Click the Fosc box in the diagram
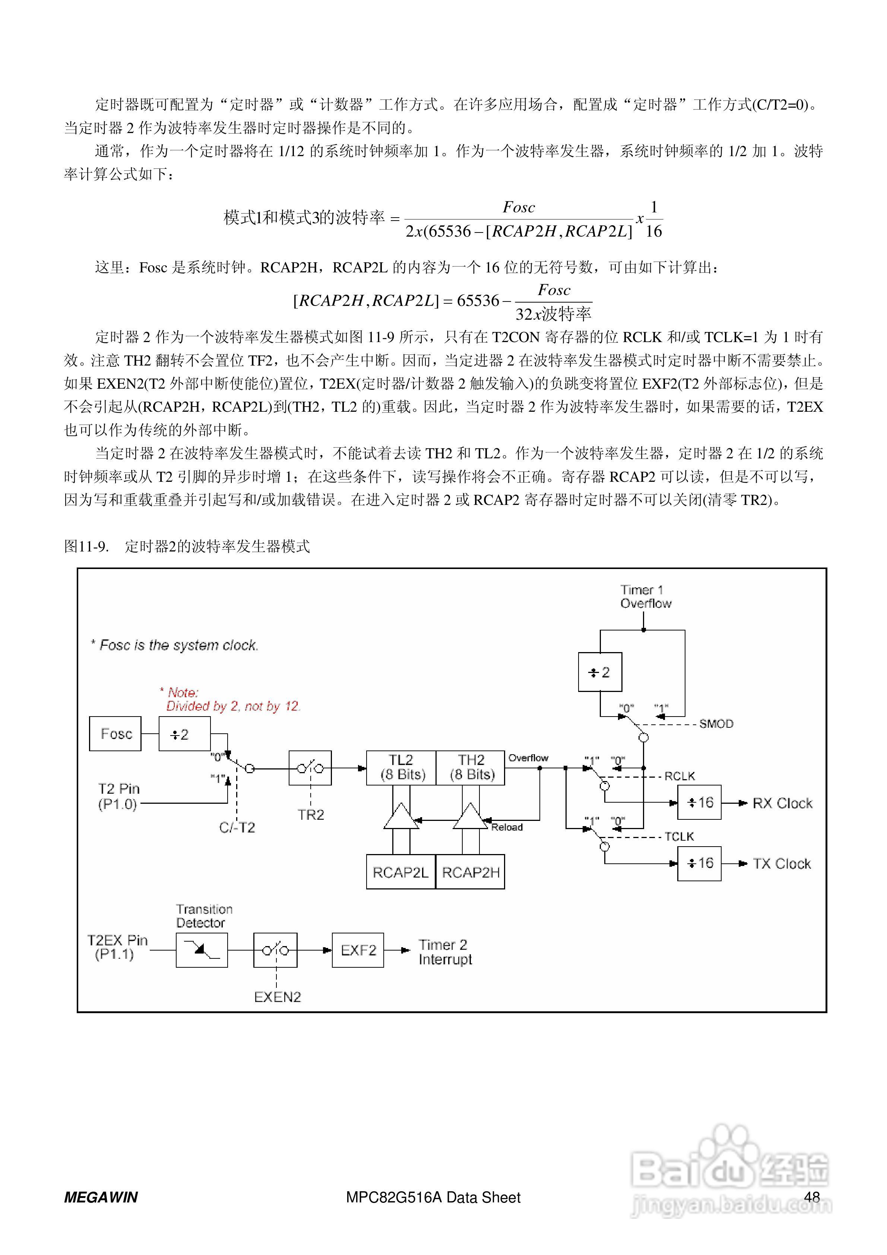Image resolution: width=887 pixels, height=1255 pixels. pyautogui.click(x=115, y=734)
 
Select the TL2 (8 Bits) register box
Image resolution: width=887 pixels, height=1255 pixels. pyautogui.click(x=401, y=768)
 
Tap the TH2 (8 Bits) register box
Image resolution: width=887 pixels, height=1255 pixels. pyautogui.click(x=471, y=768)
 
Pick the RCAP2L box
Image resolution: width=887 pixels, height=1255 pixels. pyautogui.click(x=400, y=872)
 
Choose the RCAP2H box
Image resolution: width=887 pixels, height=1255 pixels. pyautogui.click(x=471, y=872)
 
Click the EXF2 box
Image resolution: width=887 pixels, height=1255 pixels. pyautogui.click(x=358, y=950)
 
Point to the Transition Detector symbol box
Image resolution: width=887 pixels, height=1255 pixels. pyautogui.click(x=202, y=950)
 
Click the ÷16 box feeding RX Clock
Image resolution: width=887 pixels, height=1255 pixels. pyautogui.click(x=699, y=802)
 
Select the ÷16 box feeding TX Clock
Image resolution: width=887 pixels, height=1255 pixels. pyautogui.click(x=699, y=863)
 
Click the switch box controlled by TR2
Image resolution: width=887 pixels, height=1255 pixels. pyautogui.click(x=310, y=768)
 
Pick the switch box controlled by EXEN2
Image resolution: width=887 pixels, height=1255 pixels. pyautogui.click(x=275, y=950)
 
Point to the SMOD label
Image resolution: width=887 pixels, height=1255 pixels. pyautogui.click(x=716, y=724)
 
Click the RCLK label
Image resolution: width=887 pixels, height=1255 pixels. pyautogui.click(x=679, y=776)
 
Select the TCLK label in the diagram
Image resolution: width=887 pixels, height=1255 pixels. pyautogui.click(x=679, y=836)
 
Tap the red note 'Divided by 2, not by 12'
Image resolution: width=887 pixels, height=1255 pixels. pyautogui.click(x=233, y=706)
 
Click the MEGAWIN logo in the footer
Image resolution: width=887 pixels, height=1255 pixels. pyautogui.click(x=101, y=1198)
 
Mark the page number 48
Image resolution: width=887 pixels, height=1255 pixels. pyautogui.click(x=812, y=1197)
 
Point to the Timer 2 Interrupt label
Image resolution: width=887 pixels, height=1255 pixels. pyautogui.click(x=445, y=952)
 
